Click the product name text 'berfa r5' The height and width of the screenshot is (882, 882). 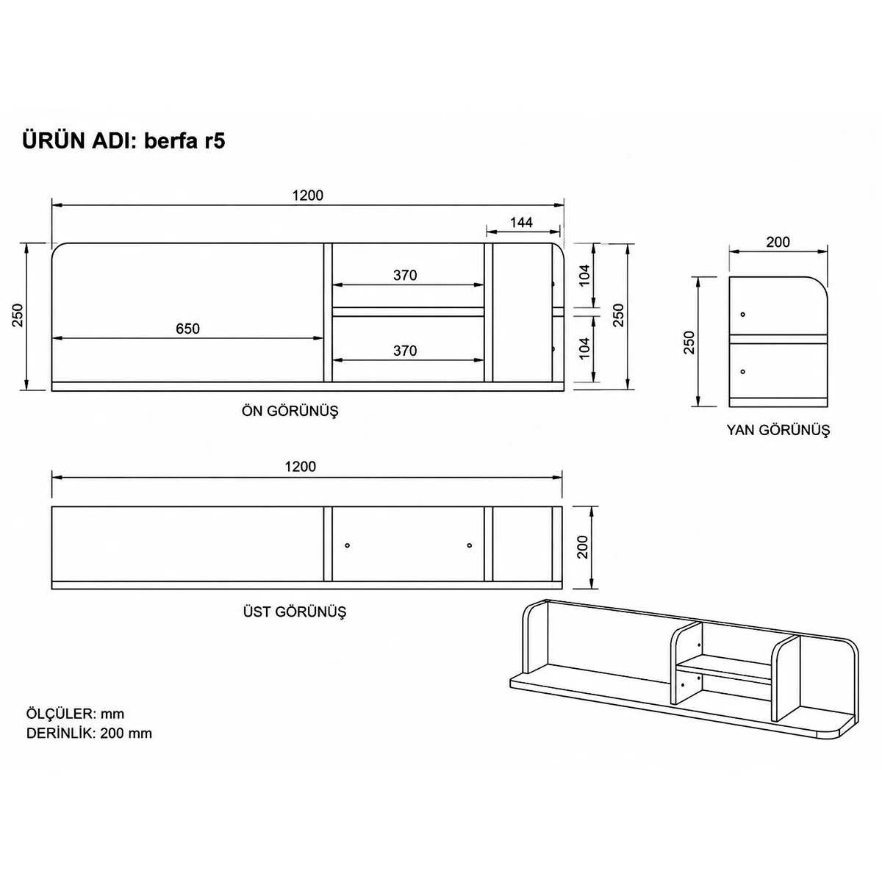(x=184, y=141)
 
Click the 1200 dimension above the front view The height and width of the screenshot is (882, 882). (x=307, y=196)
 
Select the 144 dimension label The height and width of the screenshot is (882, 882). (x=521, y=223)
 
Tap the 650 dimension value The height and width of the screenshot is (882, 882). (x=187, y=329)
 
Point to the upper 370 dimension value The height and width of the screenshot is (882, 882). (x=405, y=275)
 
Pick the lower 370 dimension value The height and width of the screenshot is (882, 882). (x=405, y=351)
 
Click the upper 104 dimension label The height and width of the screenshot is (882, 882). (x=585, y=276)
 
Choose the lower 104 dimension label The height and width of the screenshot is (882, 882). (x=585, y=348)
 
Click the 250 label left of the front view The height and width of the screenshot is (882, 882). (x=18, y=315)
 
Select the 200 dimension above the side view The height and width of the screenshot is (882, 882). (x=778, y=242)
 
